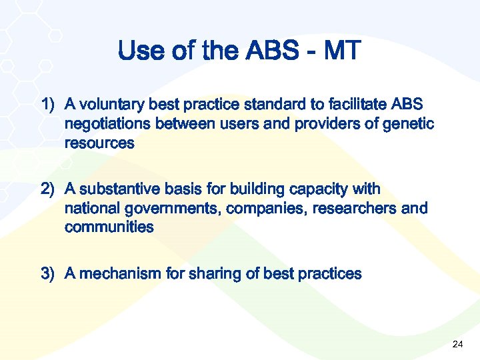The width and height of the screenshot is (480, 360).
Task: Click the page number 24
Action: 457,344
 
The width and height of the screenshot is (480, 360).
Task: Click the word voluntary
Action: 111,105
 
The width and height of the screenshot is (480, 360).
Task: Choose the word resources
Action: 99,143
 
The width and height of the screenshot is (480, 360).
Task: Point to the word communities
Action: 109,227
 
